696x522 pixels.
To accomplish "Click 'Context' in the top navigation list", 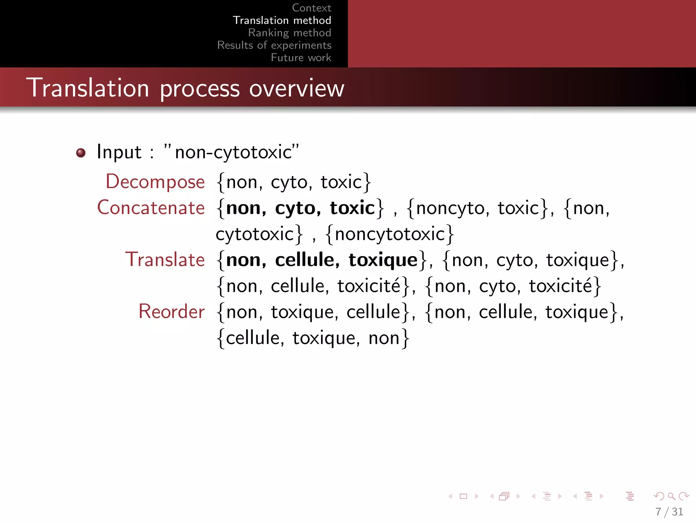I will (311, 8).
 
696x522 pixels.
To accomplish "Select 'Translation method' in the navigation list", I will (282, 20).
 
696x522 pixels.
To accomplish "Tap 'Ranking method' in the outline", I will (290, 33).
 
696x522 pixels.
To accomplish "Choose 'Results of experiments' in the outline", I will (274, 45).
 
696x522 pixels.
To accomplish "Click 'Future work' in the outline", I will (301, 57).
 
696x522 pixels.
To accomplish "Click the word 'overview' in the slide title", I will (297, 88).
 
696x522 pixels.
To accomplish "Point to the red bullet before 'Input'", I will (81, 153).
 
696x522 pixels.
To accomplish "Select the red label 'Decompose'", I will (155, 181).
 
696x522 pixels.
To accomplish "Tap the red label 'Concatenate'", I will (151, 208).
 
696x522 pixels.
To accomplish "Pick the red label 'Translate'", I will (165, 260).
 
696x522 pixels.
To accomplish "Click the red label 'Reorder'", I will (171, 312).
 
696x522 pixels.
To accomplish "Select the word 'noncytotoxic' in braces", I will (390, 234).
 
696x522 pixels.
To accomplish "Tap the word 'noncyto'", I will (450, 208).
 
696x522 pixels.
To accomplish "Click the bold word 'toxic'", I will (352, 208).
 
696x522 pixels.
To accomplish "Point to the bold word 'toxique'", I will (383, 260).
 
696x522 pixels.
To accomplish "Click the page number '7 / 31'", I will (669, 511).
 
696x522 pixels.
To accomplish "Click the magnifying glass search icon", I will (671, 496).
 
